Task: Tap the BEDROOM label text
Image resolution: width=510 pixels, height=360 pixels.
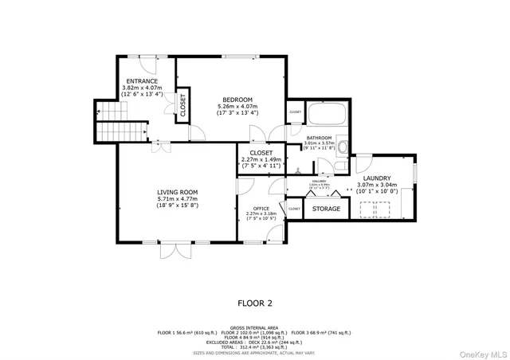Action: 237,99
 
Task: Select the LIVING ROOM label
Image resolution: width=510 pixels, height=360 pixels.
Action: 177,191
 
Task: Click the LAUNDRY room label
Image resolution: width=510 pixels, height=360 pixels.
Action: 378,178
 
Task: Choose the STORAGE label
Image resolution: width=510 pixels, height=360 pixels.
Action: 326,209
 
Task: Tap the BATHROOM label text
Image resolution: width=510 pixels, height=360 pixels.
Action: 318,138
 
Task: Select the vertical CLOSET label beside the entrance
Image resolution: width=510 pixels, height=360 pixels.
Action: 182,106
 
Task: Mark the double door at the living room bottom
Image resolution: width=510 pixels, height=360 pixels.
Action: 171,250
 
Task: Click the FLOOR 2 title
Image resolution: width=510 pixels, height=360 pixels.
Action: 255,302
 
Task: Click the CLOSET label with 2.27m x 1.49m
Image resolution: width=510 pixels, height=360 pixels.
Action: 261,152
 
